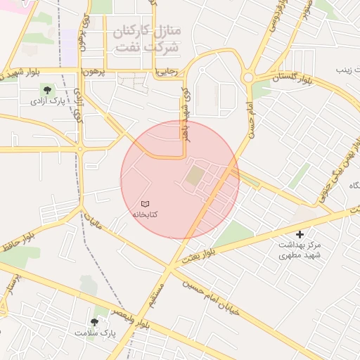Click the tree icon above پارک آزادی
pyautogui.click(x=47, y=90)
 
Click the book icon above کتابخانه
pyautogui.click(x=146, y=203)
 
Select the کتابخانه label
pyautogui.click(x=145, y=213)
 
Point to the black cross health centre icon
pyautogui.click(x=300, y=234)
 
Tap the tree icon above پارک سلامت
pyautogui.click(x=95, y=321)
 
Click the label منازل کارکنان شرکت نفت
pyautogui.click(x=147, y=38)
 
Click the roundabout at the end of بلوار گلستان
pyautogui.click(x=248, y=77)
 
